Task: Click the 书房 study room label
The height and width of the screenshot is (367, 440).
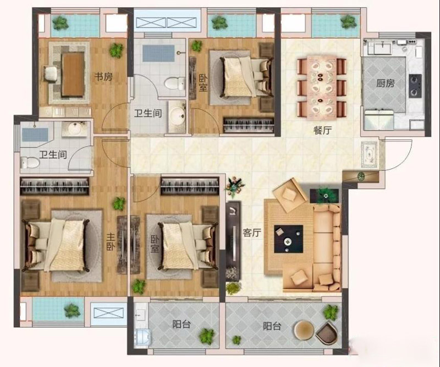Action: [x=103, y=77]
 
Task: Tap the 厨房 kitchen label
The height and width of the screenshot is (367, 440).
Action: [x=386, y=83]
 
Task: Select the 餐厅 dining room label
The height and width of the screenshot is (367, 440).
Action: [x=322, y=130]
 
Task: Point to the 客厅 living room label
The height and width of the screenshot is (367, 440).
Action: [x=252, y=233]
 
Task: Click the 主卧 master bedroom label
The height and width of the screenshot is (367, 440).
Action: [x=111, y=242]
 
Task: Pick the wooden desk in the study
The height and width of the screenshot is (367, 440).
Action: [x=73, y=74]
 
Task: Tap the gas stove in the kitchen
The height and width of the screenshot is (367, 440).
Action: [x=415, y=86]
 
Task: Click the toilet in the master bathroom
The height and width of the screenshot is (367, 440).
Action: [x=30, y=162]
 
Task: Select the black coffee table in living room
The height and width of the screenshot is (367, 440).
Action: [x=288, y=239]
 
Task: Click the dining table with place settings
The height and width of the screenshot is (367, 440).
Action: [x=322, y=87]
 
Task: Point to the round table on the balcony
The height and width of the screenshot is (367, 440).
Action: [x=304, y=331]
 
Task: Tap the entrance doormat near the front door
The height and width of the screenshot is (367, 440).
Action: [x=370, y=155]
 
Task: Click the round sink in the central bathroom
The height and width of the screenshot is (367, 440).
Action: [x=177, y=116]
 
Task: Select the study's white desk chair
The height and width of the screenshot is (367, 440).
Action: [x=51, y=74]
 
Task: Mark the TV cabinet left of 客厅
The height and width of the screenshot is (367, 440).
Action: [x=233, y=241]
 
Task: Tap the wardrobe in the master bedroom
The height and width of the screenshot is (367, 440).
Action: [x=54, y=186]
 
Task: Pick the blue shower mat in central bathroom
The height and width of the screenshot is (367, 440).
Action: [x=158, y=53]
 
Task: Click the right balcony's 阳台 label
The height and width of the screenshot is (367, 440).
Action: [x=272, y=326]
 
